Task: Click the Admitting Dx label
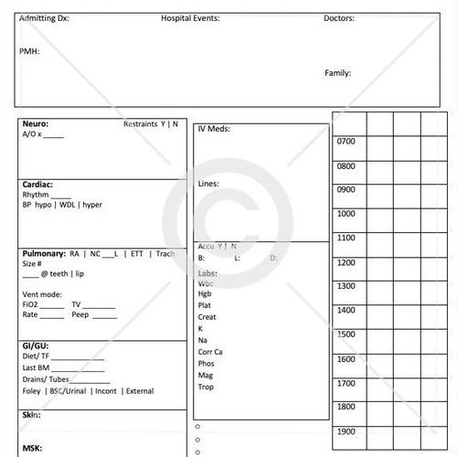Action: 44,18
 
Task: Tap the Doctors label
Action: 339,18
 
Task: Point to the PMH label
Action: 29,51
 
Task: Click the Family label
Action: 337,73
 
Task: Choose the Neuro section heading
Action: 36,123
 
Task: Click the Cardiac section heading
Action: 37,184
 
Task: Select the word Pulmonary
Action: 43,253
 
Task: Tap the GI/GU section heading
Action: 36,345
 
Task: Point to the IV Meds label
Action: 213,129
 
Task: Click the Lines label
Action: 208,184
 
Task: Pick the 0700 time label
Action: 346,142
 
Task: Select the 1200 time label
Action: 346,262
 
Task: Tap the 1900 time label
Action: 346,430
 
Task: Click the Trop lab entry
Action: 206,387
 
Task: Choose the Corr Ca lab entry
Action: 210,352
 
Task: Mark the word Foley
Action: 32,391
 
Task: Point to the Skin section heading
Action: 31,414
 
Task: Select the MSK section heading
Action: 32,448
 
